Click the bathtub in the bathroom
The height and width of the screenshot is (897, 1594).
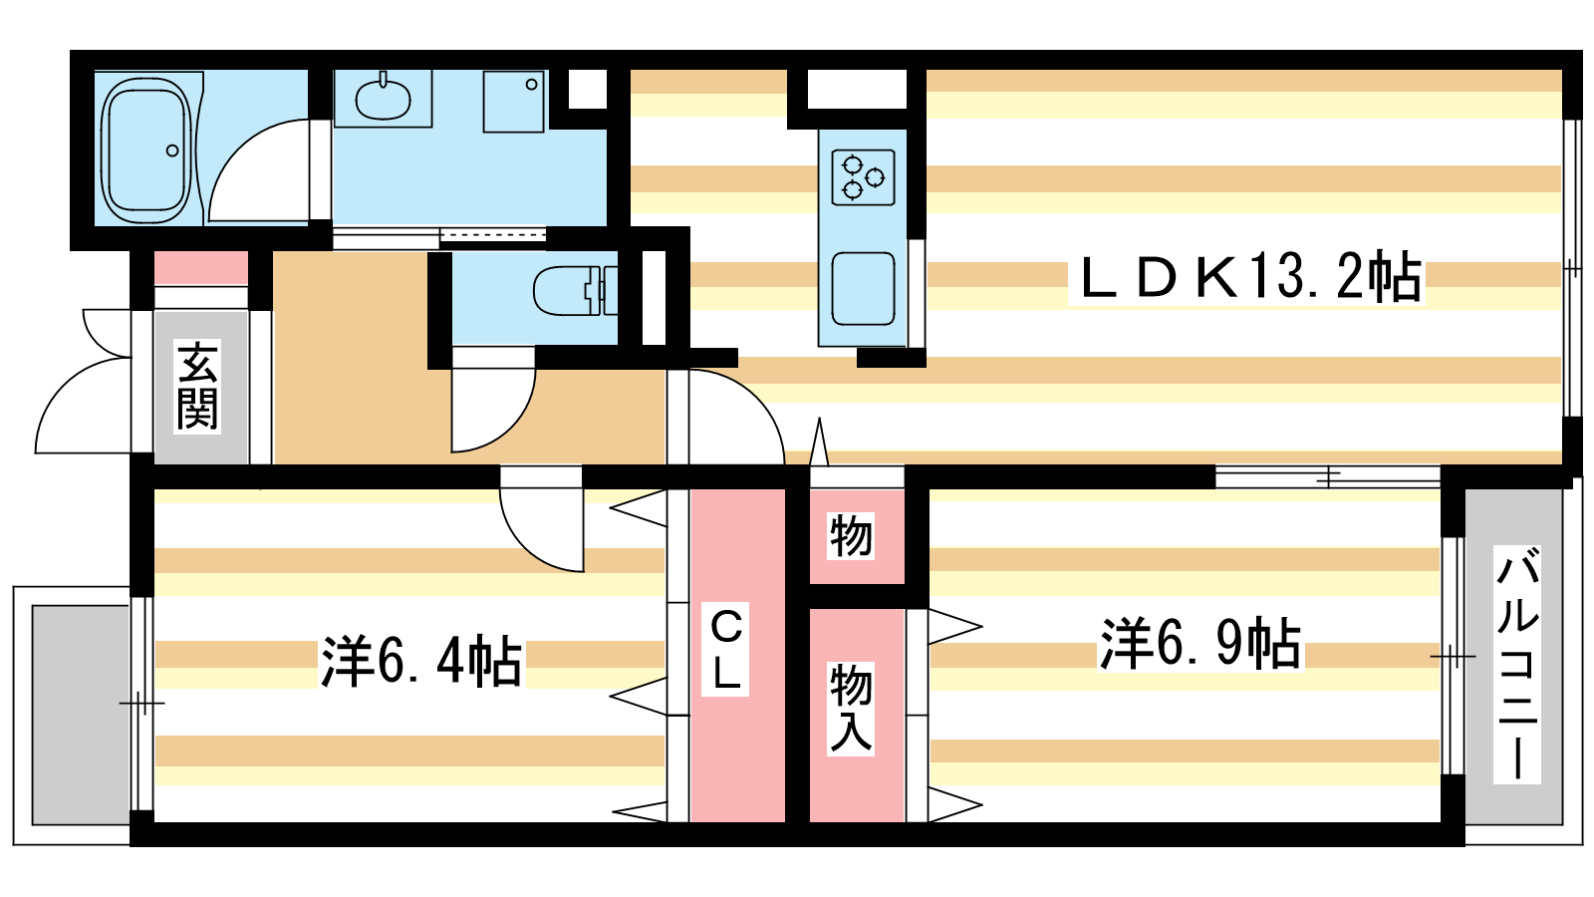click(147, 150)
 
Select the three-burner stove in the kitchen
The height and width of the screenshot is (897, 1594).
click(863, 177)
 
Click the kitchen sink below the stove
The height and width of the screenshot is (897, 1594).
click(863, 288)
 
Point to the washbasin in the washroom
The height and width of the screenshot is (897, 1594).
click(383, 99)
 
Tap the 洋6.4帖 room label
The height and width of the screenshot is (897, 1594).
click(420, 660)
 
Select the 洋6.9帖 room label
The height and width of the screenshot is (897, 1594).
click(1199, 643)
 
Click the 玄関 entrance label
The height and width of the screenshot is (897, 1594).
click(197, 385)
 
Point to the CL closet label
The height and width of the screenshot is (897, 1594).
click(726, 649)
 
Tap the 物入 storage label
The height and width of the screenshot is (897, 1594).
click(851, 709)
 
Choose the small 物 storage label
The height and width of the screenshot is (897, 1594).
click(851, 537)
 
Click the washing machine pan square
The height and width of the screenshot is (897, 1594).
click(514, 101)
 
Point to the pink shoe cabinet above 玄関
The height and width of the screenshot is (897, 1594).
click(201, 268)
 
